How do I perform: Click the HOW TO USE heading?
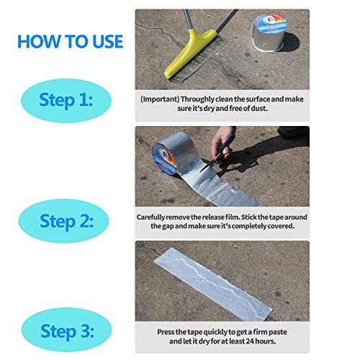point(71,42)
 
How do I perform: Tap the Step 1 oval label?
point(66,101)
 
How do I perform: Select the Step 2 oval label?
point(64,221)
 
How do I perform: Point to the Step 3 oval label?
point(67,330)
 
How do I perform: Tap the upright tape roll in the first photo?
point(270,32)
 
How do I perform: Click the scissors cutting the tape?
point(217,153)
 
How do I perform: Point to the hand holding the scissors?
point(223,144)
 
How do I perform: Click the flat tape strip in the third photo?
point(213,284)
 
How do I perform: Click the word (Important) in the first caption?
point(160,99)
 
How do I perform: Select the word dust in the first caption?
point(259,108)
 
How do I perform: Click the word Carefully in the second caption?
point(150,217)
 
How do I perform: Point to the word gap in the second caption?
point(168,226)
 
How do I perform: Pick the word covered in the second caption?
point(281,226)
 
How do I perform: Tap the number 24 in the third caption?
point(250,341)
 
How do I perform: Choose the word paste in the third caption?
point(278,333)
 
